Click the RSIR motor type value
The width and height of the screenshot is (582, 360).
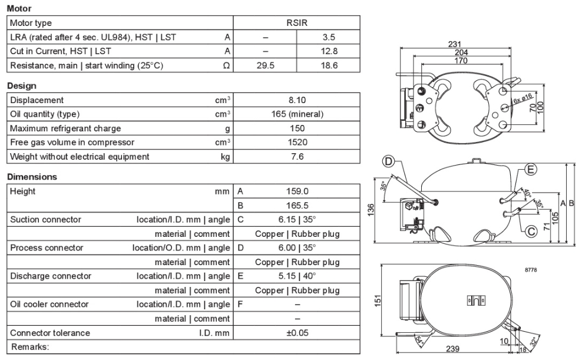coord(297,22)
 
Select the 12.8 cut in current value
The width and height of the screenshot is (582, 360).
coord(329,51)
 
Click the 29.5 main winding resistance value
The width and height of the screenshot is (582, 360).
coord(265,65)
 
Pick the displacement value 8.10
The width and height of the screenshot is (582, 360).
coord(297,100)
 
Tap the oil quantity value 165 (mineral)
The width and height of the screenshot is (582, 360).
coord(297,114)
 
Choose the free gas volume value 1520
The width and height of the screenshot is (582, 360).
coord(297,142)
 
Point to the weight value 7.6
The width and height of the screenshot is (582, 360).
coord(297,156)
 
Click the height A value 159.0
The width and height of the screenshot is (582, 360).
coord(297,191)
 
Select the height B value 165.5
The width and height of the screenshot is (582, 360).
coord(297,205)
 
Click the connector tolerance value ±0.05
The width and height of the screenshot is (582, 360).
coord(297,333)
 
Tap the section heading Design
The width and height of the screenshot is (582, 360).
coord(22,86)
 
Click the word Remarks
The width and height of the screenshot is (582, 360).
coord(30,346)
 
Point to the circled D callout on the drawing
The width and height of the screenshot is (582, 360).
coord(388,161)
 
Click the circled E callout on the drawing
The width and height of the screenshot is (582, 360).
coord(530,170)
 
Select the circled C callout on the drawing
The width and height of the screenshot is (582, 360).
coord(531,231)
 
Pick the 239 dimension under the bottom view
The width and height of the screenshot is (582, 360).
coord(452,349)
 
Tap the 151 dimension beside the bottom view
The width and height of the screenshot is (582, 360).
coord(378,300)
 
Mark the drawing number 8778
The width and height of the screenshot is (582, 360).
coord(531,270)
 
